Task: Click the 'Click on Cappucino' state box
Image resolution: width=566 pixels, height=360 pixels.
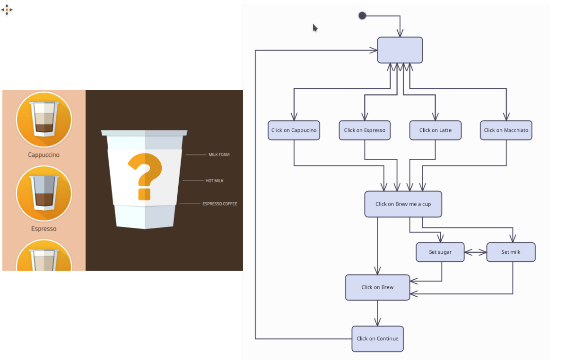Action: click(x=294, y=130)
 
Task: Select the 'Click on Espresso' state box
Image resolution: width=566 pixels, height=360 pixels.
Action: click(x=365, y=130)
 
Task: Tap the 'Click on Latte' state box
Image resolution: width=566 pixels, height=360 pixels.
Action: click(x=435, y=130)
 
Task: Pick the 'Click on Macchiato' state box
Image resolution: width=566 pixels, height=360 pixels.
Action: click(x=506, y=130)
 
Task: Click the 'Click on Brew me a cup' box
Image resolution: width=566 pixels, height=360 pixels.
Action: click(x=403, y=204)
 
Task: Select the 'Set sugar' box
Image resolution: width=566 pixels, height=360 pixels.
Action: click(x=440, y=252)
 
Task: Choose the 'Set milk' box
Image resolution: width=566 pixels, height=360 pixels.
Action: click(x=511, y=252)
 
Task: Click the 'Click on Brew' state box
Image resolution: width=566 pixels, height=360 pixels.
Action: click(x=377, y=287)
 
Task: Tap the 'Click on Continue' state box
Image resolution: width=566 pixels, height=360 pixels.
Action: click(x=377, y=339)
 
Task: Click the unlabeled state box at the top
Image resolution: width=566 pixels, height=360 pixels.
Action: click(x=400, y=50)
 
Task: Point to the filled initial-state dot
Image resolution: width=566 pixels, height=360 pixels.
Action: click(x=362, y=16)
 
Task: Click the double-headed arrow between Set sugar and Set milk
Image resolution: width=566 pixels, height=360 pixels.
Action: click(x=475, y=252)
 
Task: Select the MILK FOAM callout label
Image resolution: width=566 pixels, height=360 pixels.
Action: click(x=219, y=154)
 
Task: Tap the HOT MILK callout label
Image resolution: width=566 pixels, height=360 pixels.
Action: click(x=214, y=180)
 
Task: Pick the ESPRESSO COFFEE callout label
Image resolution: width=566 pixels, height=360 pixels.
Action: click(x=219, y=204)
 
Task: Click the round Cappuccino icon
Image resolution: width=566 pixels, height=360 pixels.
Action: click(x=44, y=120)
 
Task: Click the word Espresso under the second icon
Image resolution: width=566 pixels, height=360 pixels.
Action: click(x=44, y=229)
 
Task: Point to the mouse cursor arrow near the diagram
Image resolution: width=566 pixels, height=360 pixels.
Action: click(x=315, y=28)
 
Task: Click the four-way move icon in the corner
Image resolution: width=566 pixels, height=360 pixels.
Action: click(x=7, y=9)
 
